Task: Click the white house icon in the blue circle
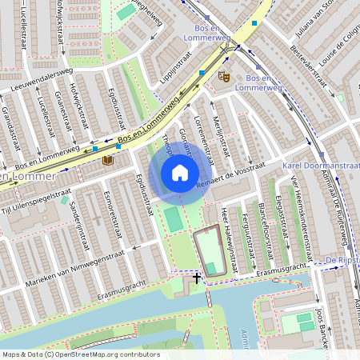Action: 180,173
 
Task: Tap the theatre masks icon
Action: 224,76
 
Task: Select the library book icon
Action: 108,161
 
